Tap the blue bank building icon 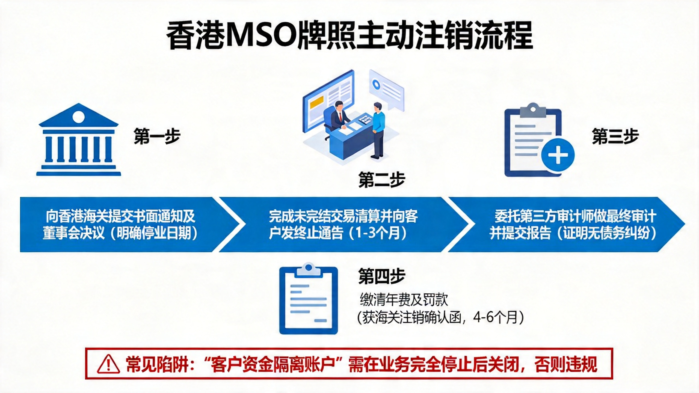(79, 140)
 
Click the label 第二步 (381, 180)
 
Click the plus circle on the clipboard (558, 155)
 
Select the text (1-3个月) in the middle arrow (377, 233)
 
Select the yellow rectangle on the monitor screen (317, 102)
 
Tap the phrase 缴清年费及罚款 (404, 300)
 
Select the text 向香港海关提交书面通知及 (120, 216)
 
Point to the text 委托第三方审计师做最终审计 (575, 216)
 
